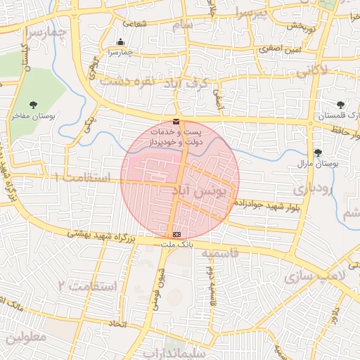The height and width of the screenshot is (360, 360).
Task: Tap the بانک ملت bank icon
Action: [x=176, y=233]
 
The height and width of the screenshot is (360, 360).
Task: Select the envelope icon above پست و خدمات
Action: [x=175, y=122]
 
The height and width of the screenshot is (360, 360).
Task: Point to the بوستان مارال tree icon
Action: [x=318, y=152]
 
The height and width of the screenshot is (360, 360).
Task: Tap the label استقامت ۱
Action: [x=82, y=179]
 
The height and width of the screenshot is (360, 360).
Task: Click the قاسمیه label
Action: [x=220, y=252]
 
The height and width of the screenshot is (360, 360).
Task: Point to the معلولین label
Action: [x=26, y=337]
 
